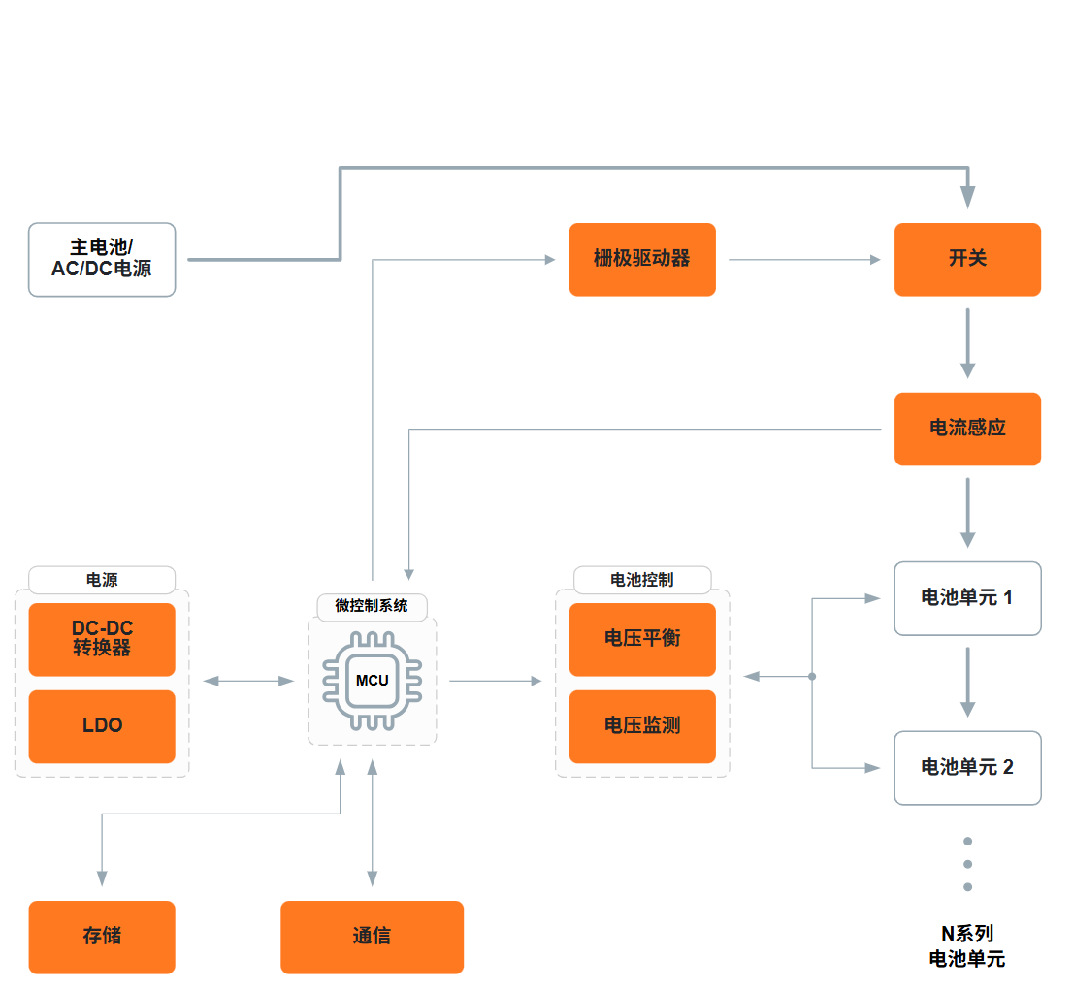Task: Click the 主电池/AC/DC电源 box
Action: (x=102, y=259)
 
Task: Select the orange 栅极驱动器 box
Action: (x=642, y=259)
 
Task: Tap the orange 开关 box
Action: (x=967, y=259)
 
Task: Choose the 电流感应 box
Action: (x=967, y=429)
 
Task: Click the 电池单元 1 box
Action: (x=967, y=598)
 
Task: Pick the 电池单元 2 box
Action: (x=967, y=768)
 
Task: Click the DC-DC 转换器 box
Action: (x=102, y=640)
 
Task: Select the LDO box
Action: (x=102, y=726)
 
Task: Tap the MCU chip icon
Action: (x=373, y=681)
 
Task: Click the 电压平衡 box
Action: (x=642, y=640)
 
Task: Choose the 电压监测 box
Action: (x=642, y=726)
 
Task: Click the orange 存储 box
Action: (x=102, y=937)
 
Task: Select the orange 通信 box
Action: (x=373, y=937)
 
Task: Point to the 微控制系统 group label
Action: (x=373, y=606)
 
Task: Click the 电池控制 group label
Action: (x=642, y=580)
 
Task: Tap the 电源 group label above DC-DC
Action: (x=102, y=580)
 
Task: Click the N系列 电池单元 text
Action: (x=967, y=946)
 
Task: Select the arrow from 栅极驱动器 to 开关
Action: (x=805, y=260)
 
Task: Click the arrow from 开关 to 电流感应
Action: (x=967, y=343)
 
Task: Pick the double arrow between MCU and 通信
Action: (x=373, y=823)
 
